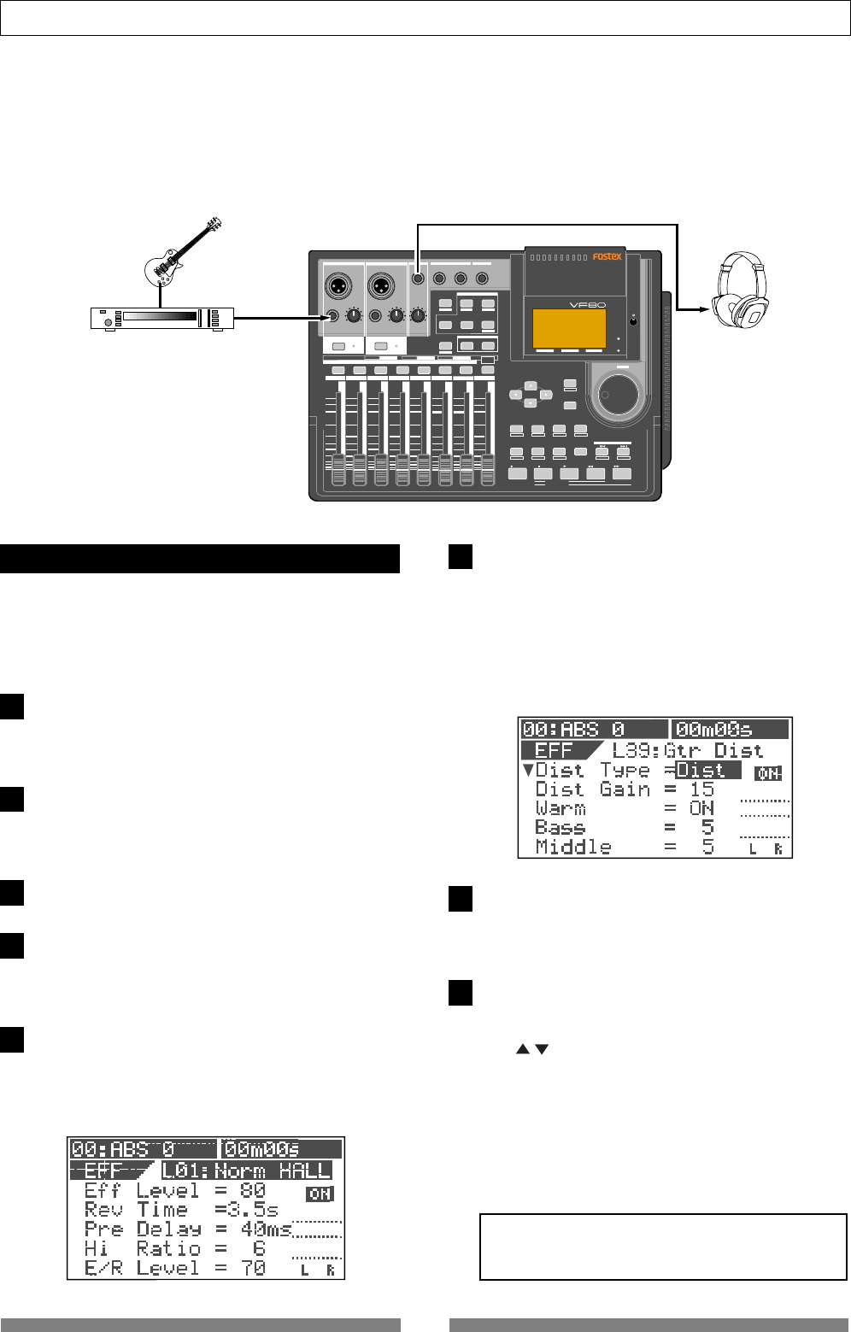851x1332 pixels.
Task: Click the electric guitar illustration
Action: (x=183, y=252)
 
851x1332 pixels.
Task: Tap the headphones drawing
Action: (x=740, y=288)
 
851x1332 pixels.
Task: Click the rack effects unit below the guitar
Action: (x=162, y=318)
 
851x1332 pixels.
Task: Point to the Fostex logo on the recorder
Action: (x=607, y=256)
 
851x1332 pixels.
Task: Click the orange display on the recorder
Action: (x=569, y=328)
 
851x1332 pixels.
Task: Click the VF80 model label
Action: (x=580, y=303)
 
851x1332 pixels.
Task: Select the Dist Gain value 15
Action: (x=701, y=789)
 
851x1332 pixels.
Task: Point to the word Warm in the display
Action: (x=560, y=808)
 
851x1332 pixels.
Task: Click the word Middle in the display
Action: (x=572, y=848)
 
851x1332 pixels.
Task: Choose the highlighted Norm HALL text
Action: (x=246, y=1171)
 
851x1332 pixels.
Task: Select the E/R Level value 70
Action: (x=253, y=1268)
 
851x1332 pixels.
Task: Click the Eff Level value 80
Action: (x=253, y=1190)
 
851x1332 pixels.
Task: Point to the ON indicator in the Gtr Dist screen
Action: (x=768, y=773)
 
